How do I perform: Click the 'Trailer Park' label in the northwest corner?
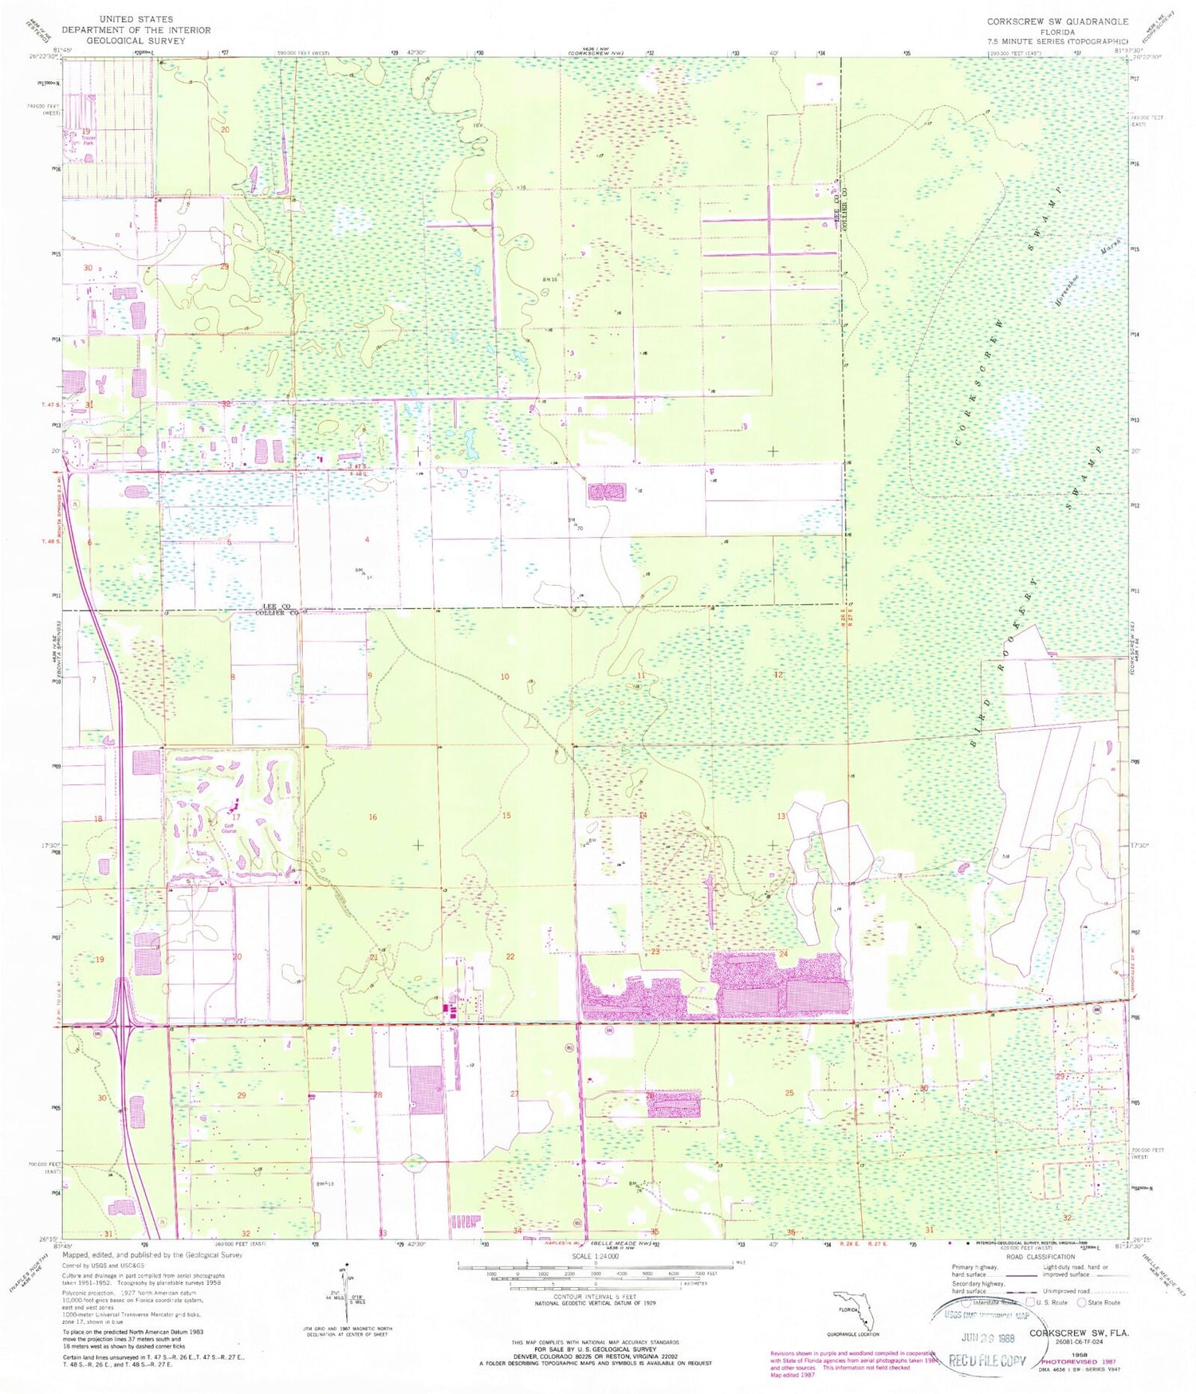(88, 139)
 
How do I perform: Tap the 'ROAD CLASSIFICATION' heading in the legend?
(1040, 1256)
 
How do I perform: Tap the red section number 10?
(505, 677)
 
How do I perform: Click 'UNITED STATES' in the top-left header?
(136, 19)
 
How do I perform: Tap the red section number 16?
(372, 817)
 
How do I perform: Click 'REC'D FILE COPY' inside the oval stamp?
(986, 1361)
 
